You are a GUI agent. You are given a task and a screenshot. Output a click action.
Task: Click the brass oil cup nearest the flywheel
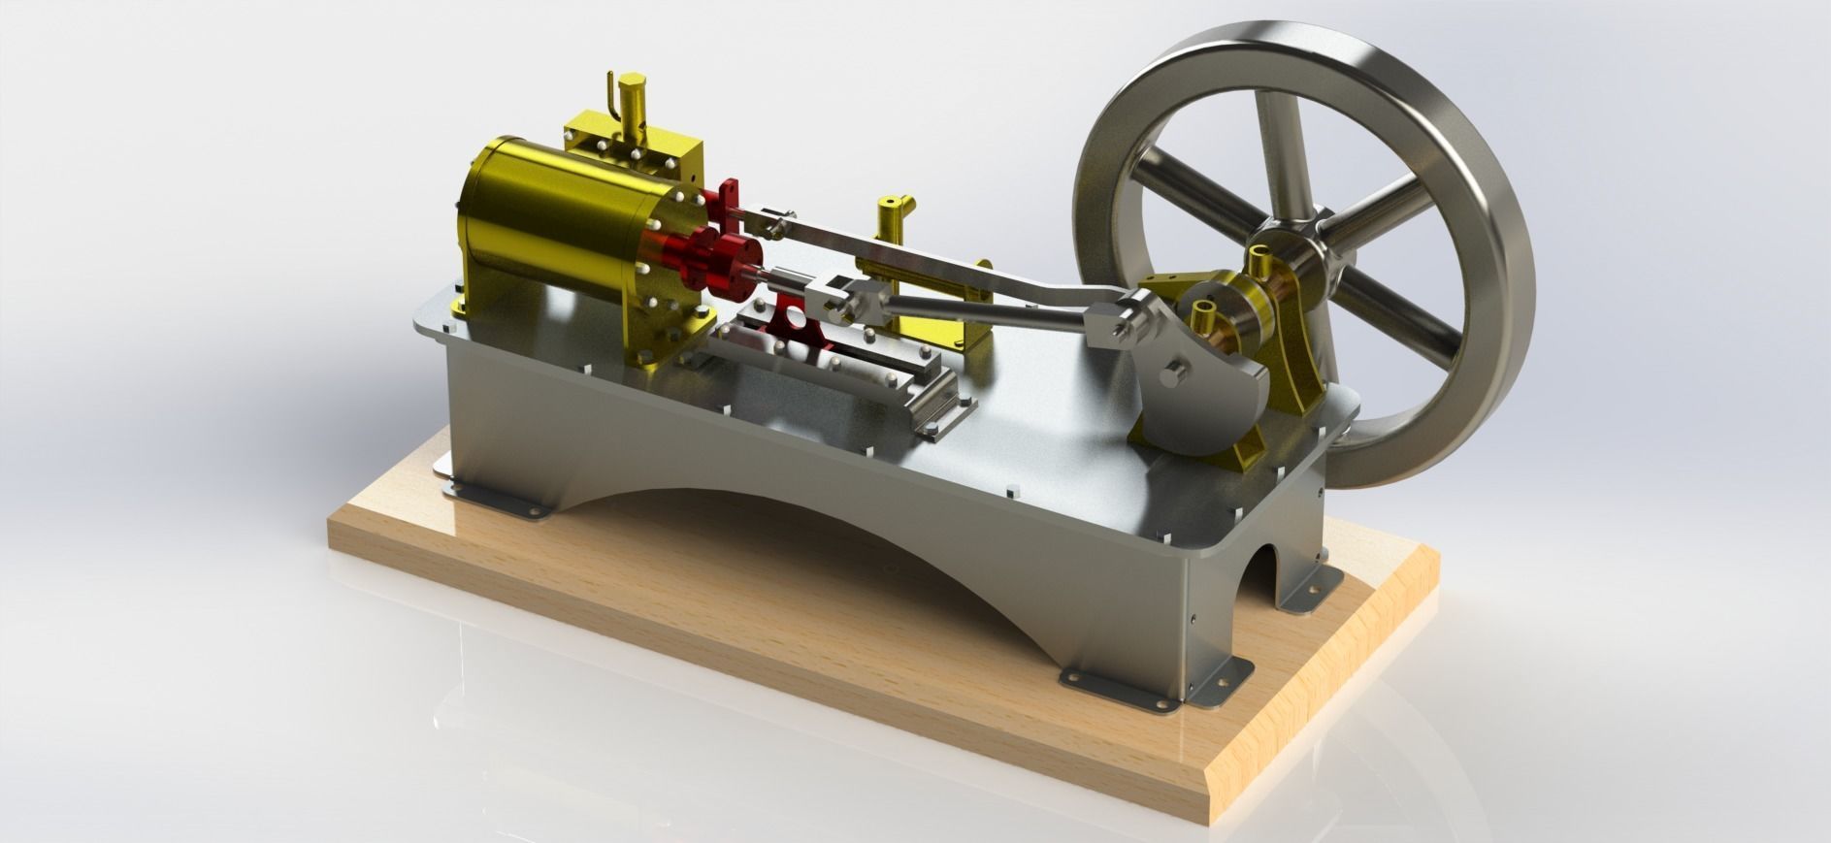tap(1261, 261)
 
